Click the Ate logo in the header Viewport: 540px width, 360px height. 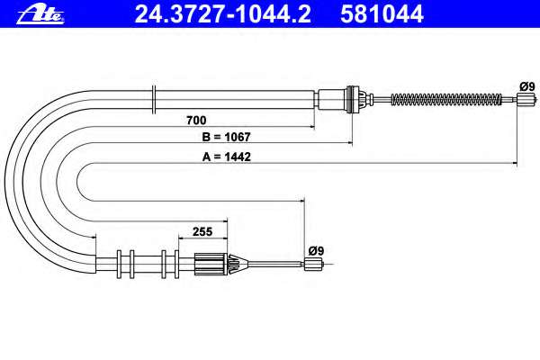click(x=40, y=14)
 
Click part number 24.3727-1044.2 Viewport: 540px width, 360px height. click(x=222, y=14)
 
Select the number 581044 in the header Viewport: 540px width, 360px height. click(x=382, y=14)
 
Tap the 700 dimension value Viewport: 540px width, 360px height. click(x=196, y=121)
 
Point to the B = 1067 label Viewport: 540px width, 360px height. click(x=226, y=137)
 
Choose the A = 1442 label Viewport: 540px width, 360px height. click(x=226, y=157)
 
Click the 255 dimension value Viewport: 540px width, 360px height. click(x=202, y=231)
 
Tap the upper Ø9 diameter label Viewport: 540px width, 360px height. click(x=527, y=86)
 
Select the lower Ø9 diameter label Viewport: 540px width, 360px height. click(x=316, y=250)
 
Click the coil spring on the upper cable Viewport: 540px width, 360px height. click(x=446, y=100)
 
